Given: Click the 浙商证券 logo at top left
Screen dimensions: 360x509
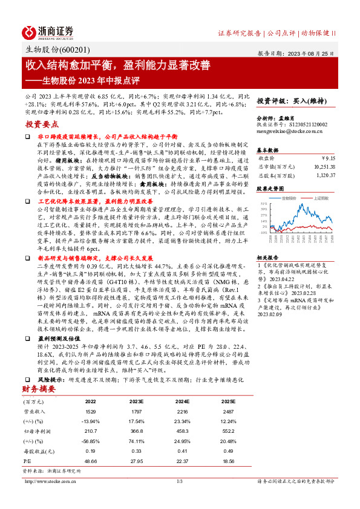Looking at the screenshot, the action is (48, 31).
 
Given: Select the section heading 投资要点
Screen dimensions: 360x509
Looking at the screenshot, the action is (41, 124).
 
